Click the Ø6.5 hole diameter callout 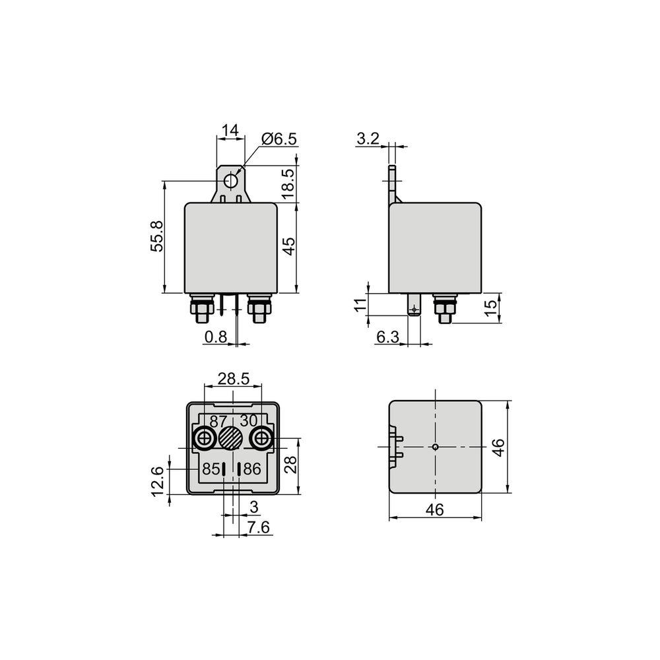tap(279, 139)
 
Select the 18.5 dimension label tap(288, 184)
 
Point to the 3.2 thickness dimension tap(368, 138)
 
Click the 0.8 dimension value tap(216, 337)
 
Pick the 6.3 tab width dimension tap(387, 337)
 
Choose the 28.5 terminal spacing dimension tap(234, 379)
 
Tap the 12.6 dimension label tap(157, 481)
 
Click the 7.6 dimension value tap(259, 527)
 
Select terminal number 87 tap(218, 421)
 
